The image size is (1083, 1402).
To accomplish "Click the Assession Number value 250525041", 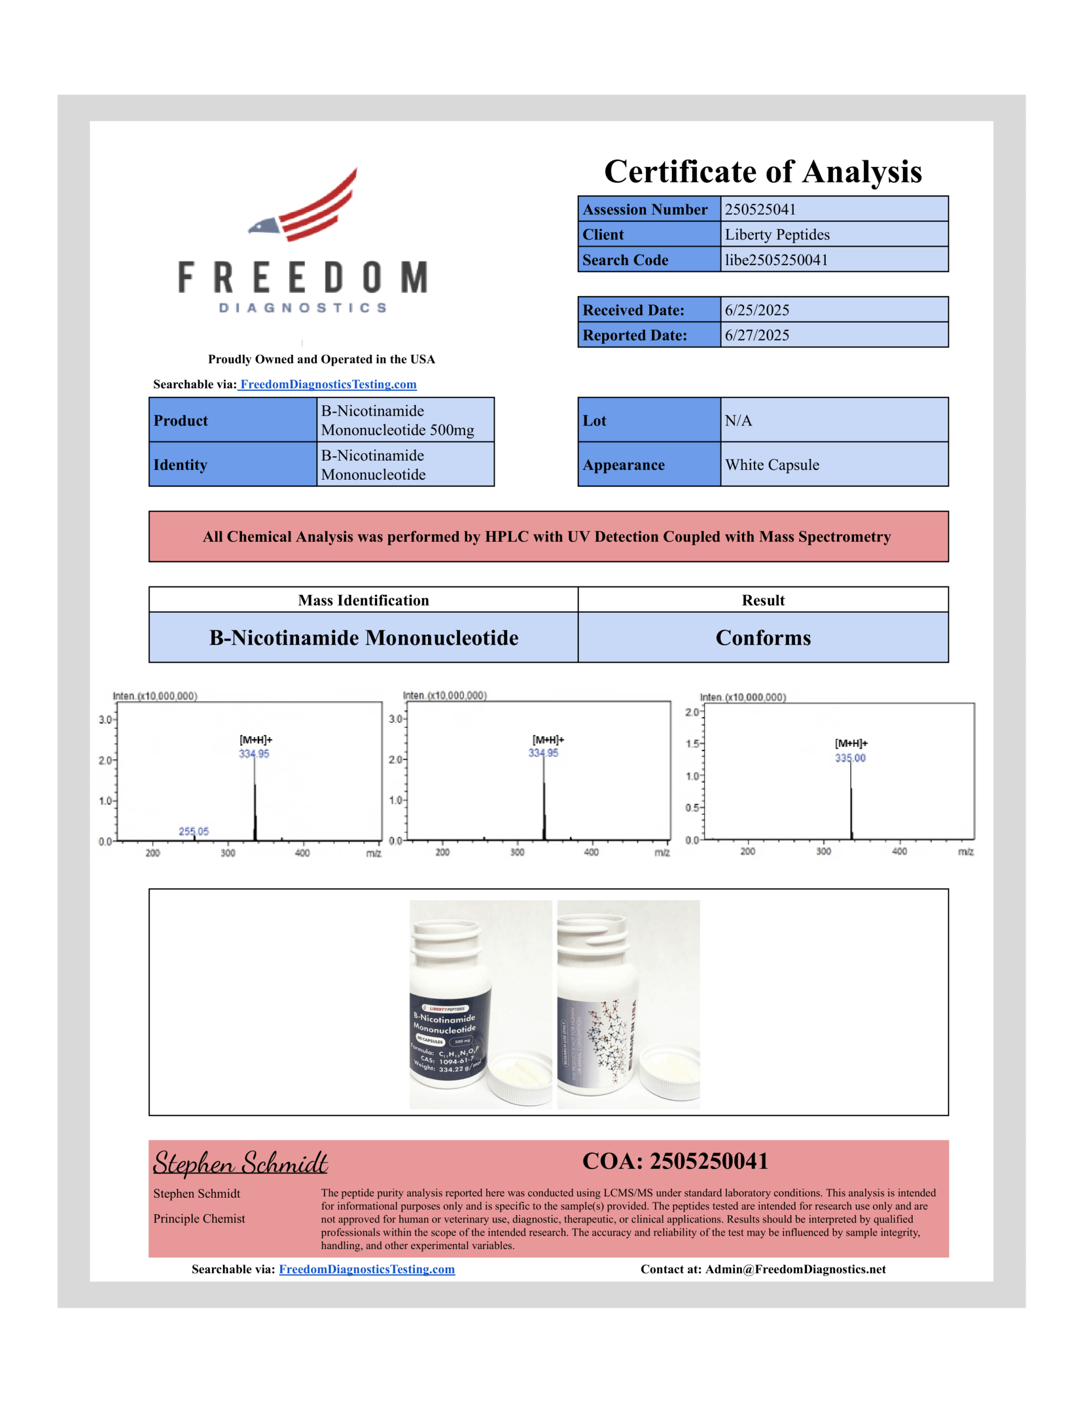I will point(760,209).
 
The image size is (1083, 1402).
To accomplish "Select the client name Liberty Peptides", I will point(777,234).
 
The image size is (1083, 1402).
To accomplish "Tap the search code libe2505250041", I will point(776,260).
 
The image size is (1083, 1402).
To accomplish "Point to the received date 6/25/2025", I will point(757,310).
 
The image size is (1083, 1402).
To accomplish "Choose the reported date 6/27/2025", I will point(757,335).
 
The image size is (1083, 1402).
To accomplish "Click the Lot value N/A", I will point(738,421).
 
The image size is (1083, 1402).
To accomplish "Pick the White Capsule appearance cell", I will point(771,465).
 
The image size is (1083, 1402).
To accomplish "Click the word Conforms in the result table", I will point(763,637).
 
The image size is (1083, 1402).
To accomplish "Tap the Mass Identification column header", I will point(364,600).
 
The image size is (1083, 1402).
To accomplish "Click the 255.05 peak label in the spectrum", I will point(193,831).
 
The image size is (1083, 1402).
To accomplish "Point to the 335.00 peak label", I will point(850,758).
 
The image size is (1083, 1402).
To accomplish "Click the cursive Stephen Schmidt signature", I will point(240,1163).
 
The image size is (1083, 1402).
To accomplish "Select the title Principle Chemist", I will point(199,1219).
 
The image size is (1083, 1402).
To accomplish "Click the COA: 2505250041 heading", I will point(675,1161).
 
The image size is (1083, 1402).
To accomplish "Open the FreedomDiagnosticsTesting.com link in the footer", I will point(366,1269).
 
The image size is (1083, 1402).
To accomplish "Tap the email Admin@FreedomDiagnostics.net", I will point(796,1269).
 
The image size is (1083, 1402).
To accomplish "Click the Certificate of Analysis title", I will point(763,171).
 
